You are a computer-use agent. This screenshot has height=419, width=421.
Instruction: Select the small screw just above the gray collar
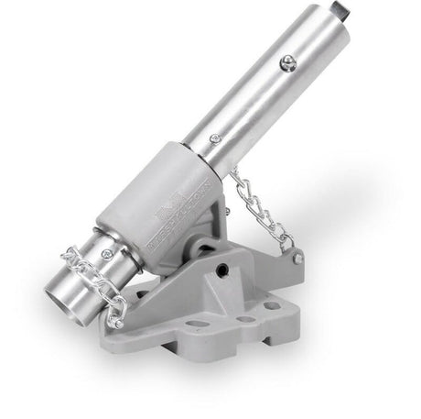[x=213, y=138]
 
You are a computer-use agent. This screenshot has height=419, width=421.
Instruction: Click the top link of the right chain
[x=240, y=174]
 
